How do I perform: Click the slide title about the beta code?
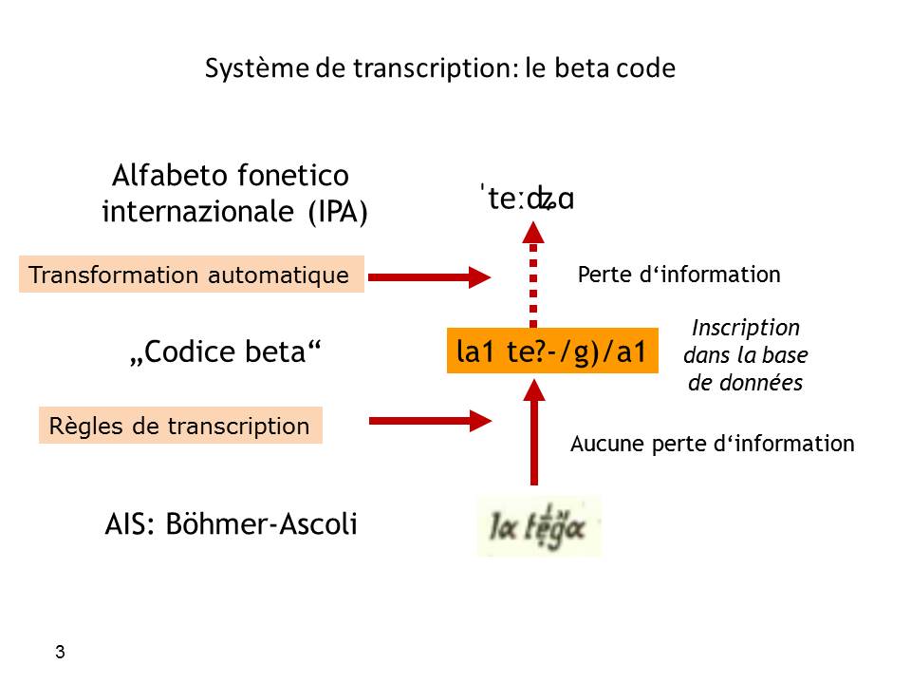pyautogui.click(x=439, y=69)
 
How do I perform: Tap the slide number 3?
pyautogui.click(x=61, y=653)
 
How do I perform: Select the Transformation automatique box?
pyautogui.click(x=191, y=275)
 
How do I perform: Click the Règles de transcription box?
pyautogui.click(x=180, y=427)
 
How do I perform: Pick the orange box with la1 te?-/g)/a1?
pyautogui.click(x=551, y=352)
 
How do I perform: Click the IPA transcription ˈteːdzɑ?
pyautogui.click(x=529, y=200)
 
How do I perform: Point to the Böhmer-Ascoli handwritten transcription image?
pyautogui.click(x=538, y=525)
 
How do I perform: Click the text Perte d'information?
pyautogui.click(x=679, y=275)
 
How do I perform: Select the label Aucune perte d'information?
pyautogui.click(x=712, y=444)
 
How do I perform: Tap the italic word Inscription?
pyautogui.click(x=745, y=329)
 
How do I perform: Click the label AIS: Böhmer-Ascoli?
pyautogui.click(x=231, y=524)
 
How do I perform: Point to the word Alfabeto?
pyautogui.click(x=163, y=176)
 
